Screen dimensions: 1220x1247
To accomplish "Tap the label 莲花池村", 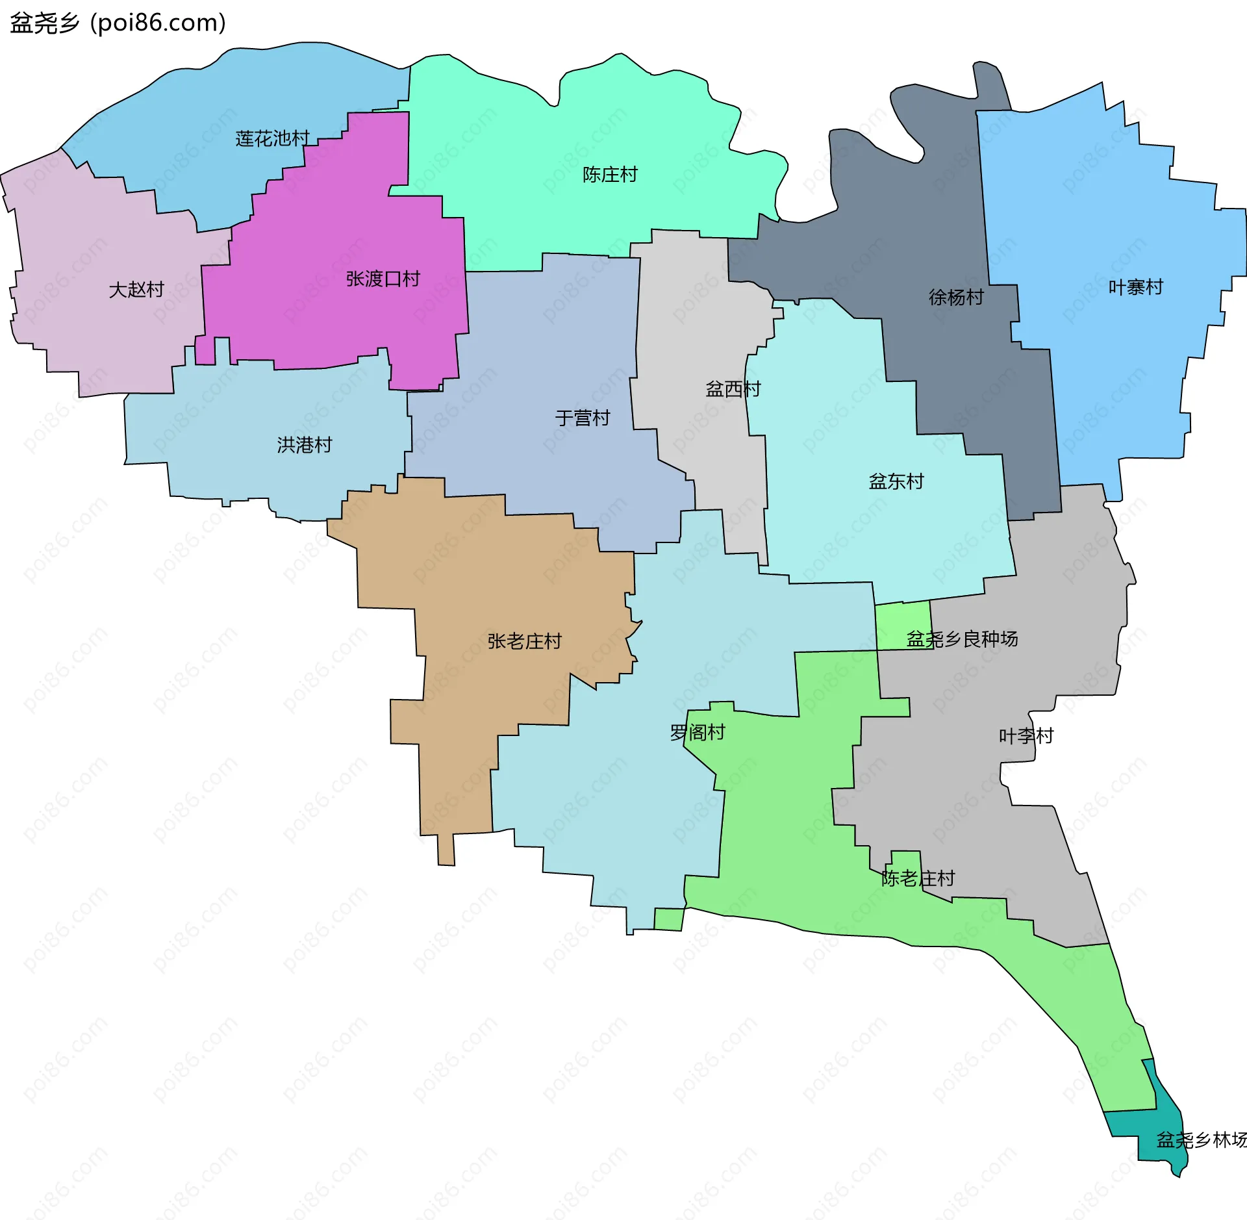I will pyautogui.click(x=272, y=138).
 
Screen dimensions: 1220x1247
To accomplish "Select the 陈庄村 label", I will pyautogui.click(x=610, y=174).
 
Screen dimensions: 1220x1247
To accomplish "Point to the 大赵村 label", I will pyautogui.click(x=136, y=289).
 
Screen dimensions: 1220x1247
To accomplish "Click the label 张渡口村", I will pyautogui.click(x=383, y=279).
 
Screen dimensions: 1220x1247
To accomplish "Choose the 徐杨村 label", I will pyautogui.click(x=956, y=297).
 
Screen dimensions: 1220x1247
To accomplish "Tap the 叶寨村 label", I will pyautogui.click(x=1135, y=286).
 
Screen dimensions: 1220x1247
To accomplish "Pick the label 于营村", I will pyautogui.click(x=583, y=418).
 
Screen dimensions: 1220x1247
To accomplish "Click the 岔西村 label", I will pyautogui.click(x=733, y=388).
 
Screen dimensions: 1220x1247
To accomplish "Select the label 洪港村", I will pyautogui.click(x=305, y=444).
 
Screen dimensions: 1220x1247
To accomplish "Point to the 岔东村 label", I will pyautogui.click(x=896, y=481).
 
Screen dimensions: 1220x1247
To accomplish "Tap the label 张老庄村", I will pyautogui.click(x=524, y=641).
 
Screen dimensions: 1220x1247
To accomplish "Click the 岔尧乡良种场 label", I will pyautogui.click(x=962, y=639).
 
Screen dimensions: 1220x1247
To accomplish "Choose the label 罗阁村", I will pyautogui.click(x=698, y=732).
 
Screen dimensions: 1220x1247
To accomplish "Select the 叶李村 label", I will pyautogui.click(x=1026, y=735).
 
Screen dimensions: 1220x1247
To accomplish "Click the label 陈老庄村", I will pyautogui.click(x=918, y=878).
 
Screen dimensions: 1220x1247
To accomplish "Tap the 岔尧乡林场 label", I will pyautogui.click(x=1202, y=1139).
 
